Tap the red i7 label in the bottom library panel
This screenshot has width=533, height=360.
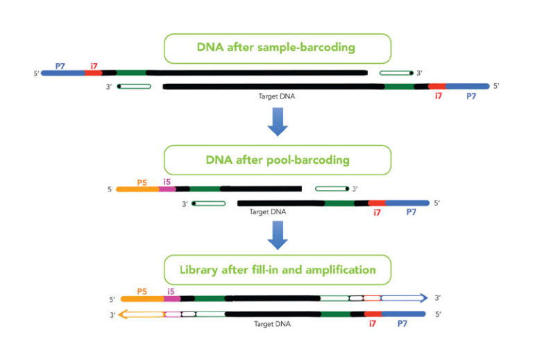tap(373, 324)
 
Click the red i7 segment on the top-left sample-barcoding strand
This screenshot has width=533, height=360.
tap(94, 72)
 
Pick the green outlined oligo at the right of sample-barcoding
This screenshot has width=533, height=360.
tap(396, 72)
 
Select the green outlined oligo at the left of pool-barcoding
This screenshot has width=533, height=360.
tap(209, 203)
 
